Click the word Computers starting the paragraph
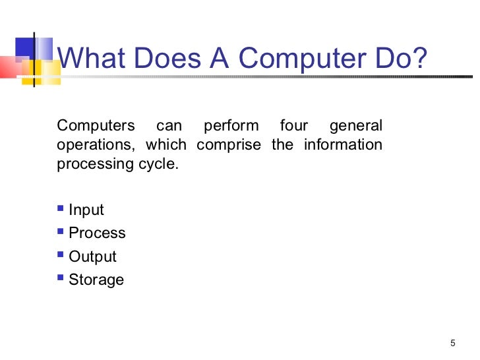(x=96, y=125)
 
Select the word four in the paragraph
(x=293, y=125)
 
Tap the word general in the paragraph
(x=355, y=125)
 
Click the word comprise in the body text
(x=228, y=144)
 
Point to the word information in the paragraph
(x=343, y=144)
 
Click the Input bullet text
(x=86, y=210)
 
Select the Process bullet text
(x=97, y=233)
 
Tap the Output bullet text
(x=92, y=256)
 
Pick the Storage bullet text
(x=96, y=280)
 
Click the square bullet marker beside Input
(x=61, y=209)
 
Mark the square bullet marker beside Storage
(x=61, y=278)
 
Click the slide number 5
(x=452, y=342)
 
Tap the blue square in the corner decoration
(x=25, y=47)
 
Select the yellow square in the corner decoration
(x=31, y=69)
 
